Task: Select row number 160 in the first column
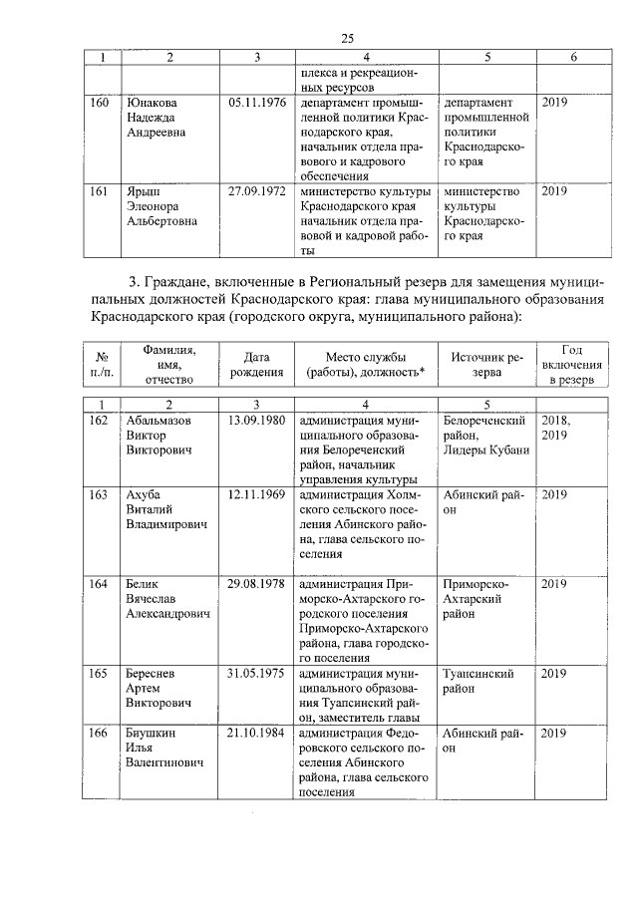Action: pos(100,103)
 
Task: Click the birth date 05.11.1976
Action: pos(256,103)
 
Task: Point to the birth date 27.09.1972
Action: pos(256,191)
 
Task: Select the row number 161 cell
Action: pos(100,191)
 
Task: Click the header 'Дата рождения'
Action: pos(256,364)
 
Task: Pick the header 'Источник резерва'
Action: pos(486,364)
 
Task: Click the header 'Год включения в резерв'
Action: pos(571,364)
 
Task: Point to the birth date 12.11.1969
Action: pos(256,494)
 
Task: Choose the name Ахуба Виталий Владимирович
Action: pos(165,509)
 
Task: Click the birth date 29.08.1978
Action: pos(256,584)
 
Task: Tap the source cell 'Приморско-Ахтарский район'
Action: pos(478,599)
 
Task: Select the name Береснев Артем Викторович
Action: pos(159,689)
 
